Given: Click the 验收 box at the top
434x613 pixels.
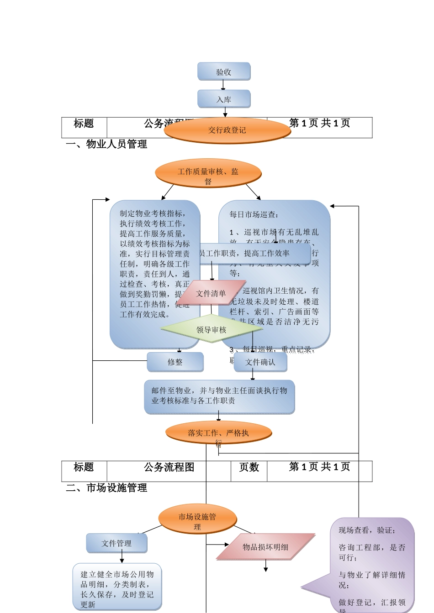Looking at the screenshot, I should (x=224, y=72).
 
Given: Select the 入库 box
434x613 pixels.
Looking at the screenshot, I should (x=224, y=99).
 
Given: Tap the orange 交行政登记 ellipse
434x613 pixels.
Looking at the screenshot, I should (x=227, y=130).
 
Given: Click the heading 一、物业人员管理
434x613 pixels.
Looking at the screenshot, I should (x=106, y=145).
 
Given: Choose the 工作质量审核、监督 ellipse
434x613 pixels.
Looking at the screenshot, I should (x=208, y=173).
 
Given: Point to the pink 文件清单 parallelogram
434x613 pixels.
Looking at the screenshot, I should (x=211, y=293).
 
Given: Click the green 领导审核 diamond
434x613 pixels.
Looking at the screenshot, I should (x=211, y=329).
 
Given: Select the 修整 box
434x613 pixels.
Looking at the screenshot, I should (x=175, y=362).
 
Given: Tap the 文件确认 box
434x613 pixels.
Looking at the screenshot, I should (x=260, y=362).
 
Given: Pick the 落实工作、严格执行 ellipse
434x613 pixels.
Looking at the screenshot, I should (x=218, y=433).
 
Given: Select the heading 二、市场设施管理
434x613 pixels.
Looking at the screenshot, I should (x=106, y=488).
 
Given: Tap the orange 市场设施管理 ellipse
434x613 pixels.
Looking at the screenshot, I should (x=197, y=519).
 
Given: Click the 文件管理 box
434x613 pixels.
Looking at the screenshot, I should (x=116, y=543).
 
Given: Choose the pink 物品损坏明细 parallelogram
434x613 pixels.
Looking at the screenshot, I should (x=265, y=547).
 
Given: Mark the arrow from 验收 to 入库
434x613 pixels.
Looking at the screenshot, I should (x=223, y=85).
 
